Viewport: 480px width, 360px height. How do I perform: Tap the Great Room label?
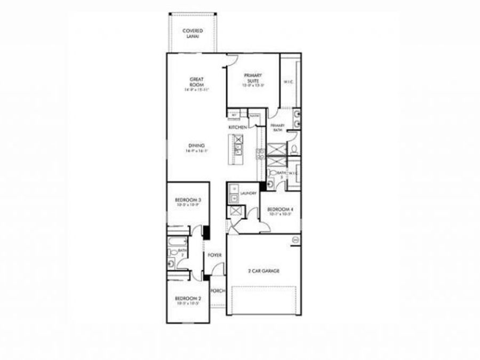(x=197, y=82)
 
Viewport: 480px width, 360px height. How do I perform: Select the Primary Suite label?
(x=253, y=78)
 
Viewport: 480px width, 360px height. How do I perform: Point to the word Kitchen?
(x=238, y=128)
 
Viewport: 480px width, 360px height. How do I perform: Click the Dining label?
(x=196, y=146)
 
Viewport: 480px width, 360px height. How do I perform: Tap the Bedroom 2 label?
(x=188, y=299)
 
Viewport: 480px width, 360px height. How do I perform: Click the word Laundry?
(x=249, y=193)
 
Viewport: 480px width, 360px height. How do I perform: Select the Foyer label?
(x=215, y=255)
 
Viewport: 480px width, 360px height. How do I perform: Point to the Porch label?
(x=218, y=291)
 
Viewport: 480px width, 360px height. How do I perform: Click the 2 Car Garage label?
(x=264, y=270)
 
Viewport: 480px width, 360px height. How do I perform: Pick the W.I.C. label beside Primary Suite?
(x=289, y=82)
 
